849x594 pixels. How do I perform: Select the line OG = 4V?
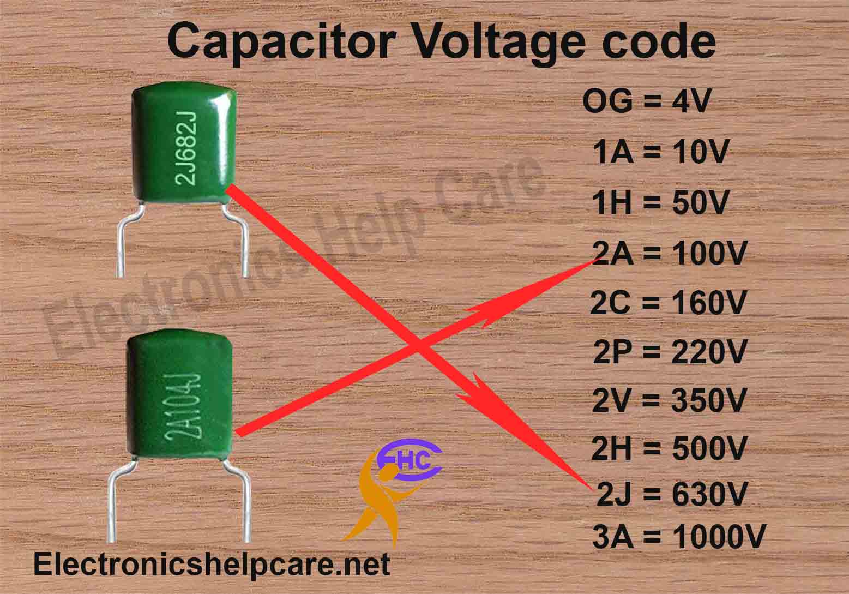646,102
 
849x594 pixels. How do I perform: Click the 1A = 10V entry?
660,153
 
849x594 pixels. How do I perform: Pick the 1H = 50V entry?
660,203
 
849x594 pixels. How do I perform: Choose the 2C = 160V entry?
667,303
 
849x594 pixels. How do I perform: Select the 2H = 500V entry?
669,449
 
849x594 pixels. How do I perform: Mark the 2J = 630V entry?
671,495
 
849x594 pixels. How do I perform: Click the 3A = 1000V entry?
678,537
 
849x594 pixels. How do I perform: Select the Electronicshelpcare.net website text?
212,565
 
